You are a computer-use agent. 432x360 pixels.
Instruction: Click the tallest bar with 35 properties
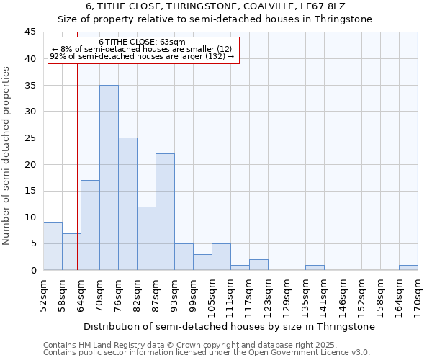109,177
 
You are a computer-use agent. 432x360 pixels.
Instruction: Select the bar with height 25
127,204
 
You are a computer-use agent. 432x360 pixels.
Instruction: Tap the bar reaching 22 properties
165,212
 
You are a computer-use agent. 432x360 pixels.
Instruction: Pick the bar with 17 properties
90,225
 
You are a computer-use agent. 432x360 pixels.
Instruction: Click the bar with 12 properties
146,238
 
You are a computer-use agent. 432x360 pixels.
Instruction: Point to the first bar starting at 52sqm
53,246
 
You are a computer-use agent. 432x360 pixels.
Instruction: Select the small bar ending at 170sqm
408,268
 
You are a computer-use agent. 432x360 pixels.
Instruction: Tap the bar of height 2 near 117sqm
258,265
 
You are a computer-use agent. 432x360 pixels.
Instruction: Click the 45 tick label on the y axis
30,32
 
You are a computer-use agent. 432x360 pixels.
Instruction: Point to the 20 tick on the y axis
30,164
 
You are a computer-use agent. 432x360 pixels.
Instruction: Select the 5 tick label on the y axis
32,243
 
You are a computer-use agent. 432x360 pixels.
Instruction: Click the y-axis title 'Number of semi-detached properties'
7,156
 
